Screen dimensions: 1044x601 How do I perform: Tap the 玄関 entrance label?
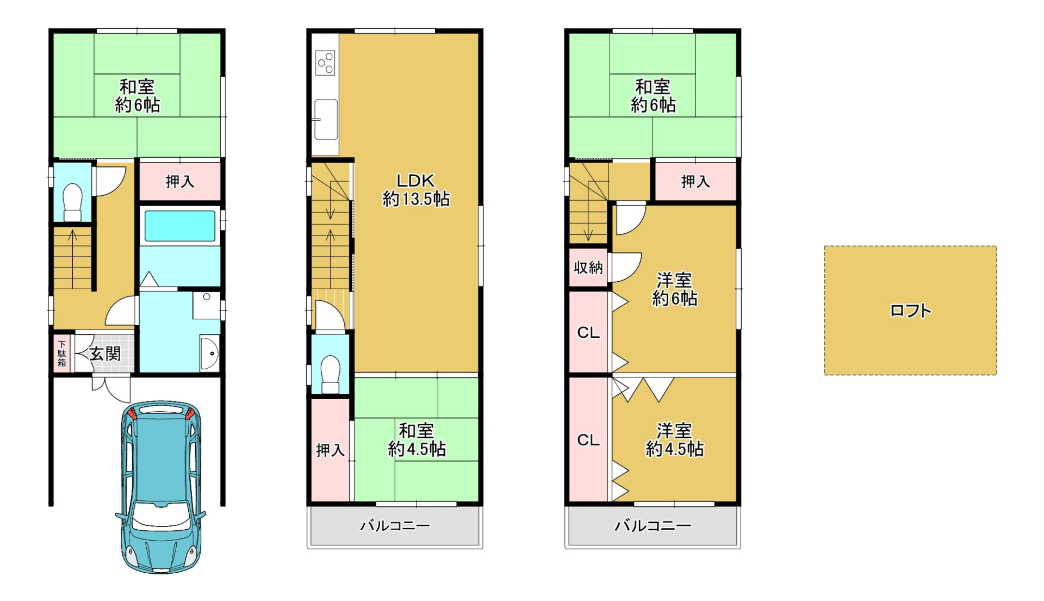pyautogui.click(x=105, y=354)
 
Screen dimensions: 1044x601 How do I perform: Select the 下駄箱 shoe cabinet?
pyautogui.click(x=62, y=353)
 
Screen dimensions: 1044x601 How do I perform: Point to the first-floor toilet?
pyautogui.click(x=72, y=202)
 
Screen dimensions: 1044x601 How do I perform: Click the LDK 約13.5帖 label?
pyautogui.click(x=416, y=190)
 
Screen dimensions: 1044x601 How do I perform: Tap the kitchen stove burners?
pyautogui.click(x=326, y=63)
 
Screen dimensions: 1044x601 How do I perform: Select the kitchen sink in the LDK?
pyautogui.click(x=326, y=119)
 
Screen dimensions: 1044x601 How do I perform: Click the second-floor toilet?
pyautogui.click(x=330, y=374)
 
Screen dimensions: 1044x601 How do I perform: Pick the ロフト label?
pyautogui.click(x=910, y=311)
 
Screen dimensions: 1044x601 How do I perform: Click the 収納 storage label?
pyautogui.click(x=588, y=267)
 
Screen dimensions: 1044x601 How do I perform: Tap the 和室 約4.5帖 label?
pyautogui.click(x=417, y=439)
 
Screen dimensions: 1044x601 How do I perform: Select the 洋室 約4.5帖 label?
pyautogui.click(x=674, y=439)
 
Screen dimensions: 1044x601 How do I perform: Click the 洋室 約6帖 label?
pyautogui.click(x=674, y=289)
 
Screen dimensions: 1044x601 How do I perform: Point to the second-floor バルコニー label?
pyautogui.click(x=395, y=525)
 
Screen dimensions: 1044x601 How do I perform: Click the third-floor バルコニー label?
pyautogui.click(x=652, y=525)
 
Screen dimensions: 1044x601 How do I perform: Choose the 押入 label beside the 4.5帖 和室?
pyautogui.click(x=330, y=450)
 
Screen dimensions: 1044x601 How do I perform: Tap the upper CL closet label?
pyautogui.click(x=588, y=332)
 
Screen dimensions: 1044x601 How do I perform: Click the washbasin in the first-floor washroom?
pyautogui.click(x=210, y=353)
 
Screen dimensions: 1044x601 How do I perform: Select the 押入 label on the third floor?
pyautogui.click(x=695, y=181)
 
